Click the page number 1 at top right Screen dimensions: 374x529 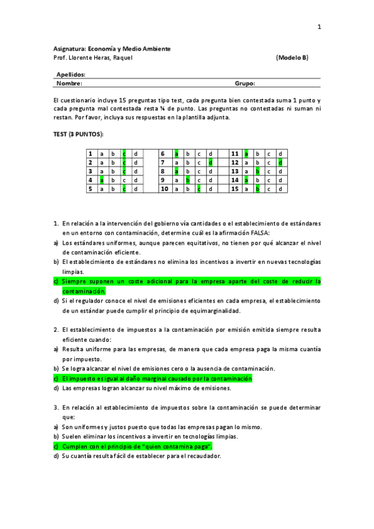pos(319,27)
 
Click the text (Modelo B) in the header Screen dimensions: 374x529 pos(292,58)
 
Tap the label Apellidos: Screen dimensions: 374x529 pos(71,74)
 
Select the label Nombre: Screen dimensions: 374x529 pos(69,82)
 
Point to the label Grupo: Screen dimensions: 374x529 pos(245,82)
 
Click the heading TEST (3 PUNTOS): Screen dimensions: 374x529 pos(78,134)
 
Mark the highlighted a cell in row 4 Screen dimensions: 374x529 pos(101,180)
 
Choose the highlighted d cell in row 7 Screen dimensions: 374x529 pos(210,162)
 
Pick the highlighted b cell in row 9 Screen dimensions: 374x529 pos(187,180)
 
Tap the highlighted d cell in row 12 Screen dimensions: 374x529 pos(280,162)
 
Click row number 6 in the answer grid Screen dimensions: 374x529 pos(162,153)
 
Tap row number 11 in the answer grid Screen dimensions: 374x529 pos(235,153)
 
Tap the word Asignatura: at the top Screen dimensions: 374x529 pos(69,49)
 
